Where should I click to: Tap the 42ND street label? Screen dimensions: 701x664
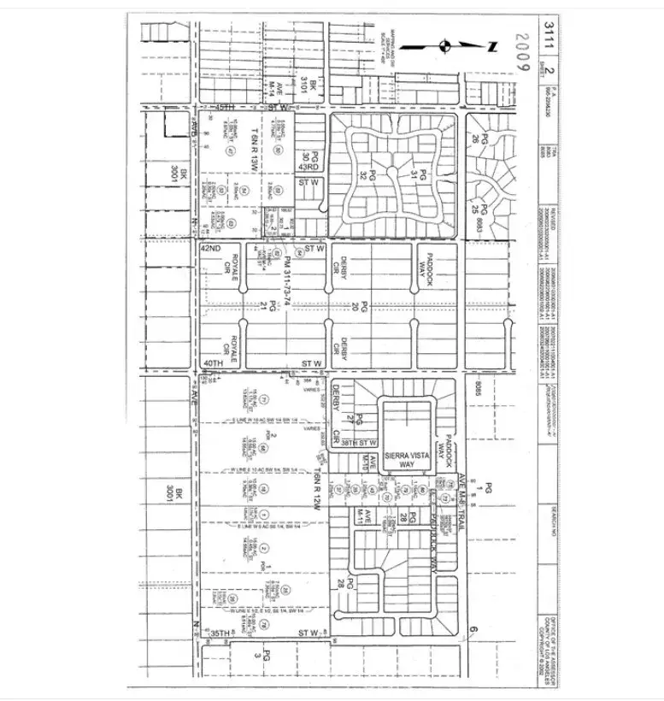point(210,248)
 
